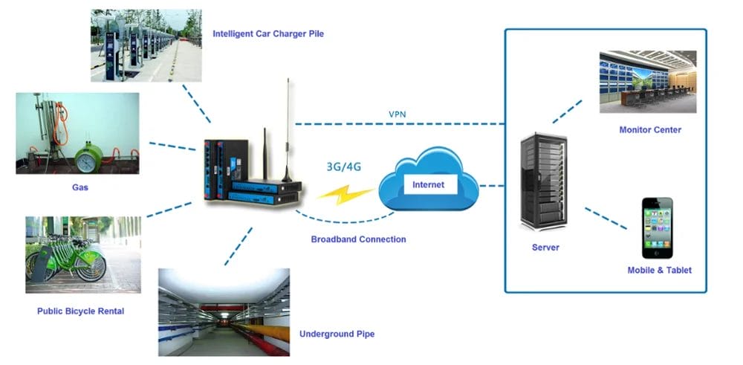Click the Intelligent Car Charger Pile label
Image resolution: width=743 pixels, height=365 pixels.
pyautogui.click(x=268, y=33)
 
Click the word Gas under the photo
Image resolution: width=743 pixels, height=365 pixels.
pyautogui.click(x=80, y=187)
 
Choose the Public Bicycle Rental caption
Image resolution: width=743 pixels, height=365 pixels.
pyautogui.click(x=80, y=311)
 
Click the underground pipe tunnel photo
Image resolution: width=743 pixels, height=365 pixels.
pyautogui.click(x=224, y=312)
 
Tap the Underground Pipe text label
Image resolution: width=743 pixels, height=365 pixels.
pyautogui.click(x=337, y=334)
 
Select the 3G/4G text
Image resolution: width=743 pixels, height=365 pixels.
pyautogui.click(x=343, y=167)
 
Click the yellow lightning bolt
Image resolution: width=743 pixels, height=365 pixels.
pyautogui.click(x=345, y=196)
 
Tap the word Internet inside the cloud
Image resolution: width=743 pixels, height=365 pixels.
pyautogui.click(x=428, y=184)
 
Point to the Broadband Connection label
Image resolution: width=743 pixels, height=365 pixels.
pyautogui.click(x=358, y=239)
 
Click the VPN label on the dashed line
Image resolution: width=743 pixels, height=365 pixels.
pyautogui.click(x=397, y=114)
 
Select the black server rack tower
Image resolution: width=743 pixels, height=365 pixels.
pyautogui.click(x=544, y=183)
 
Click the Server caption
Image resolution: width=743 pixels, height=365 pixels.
pyautogui.click(x=545, y=248)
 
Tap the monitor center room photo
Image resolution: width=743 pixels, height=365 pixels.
pyautogui.click(x=648, y=82)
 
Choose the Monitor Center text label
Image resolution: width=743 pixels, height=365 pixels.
pyautogui.click(x=650, y=130)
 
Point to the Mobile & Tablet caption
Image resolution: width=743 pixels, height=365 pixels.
pyautogui.click(x=659, y=271)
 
